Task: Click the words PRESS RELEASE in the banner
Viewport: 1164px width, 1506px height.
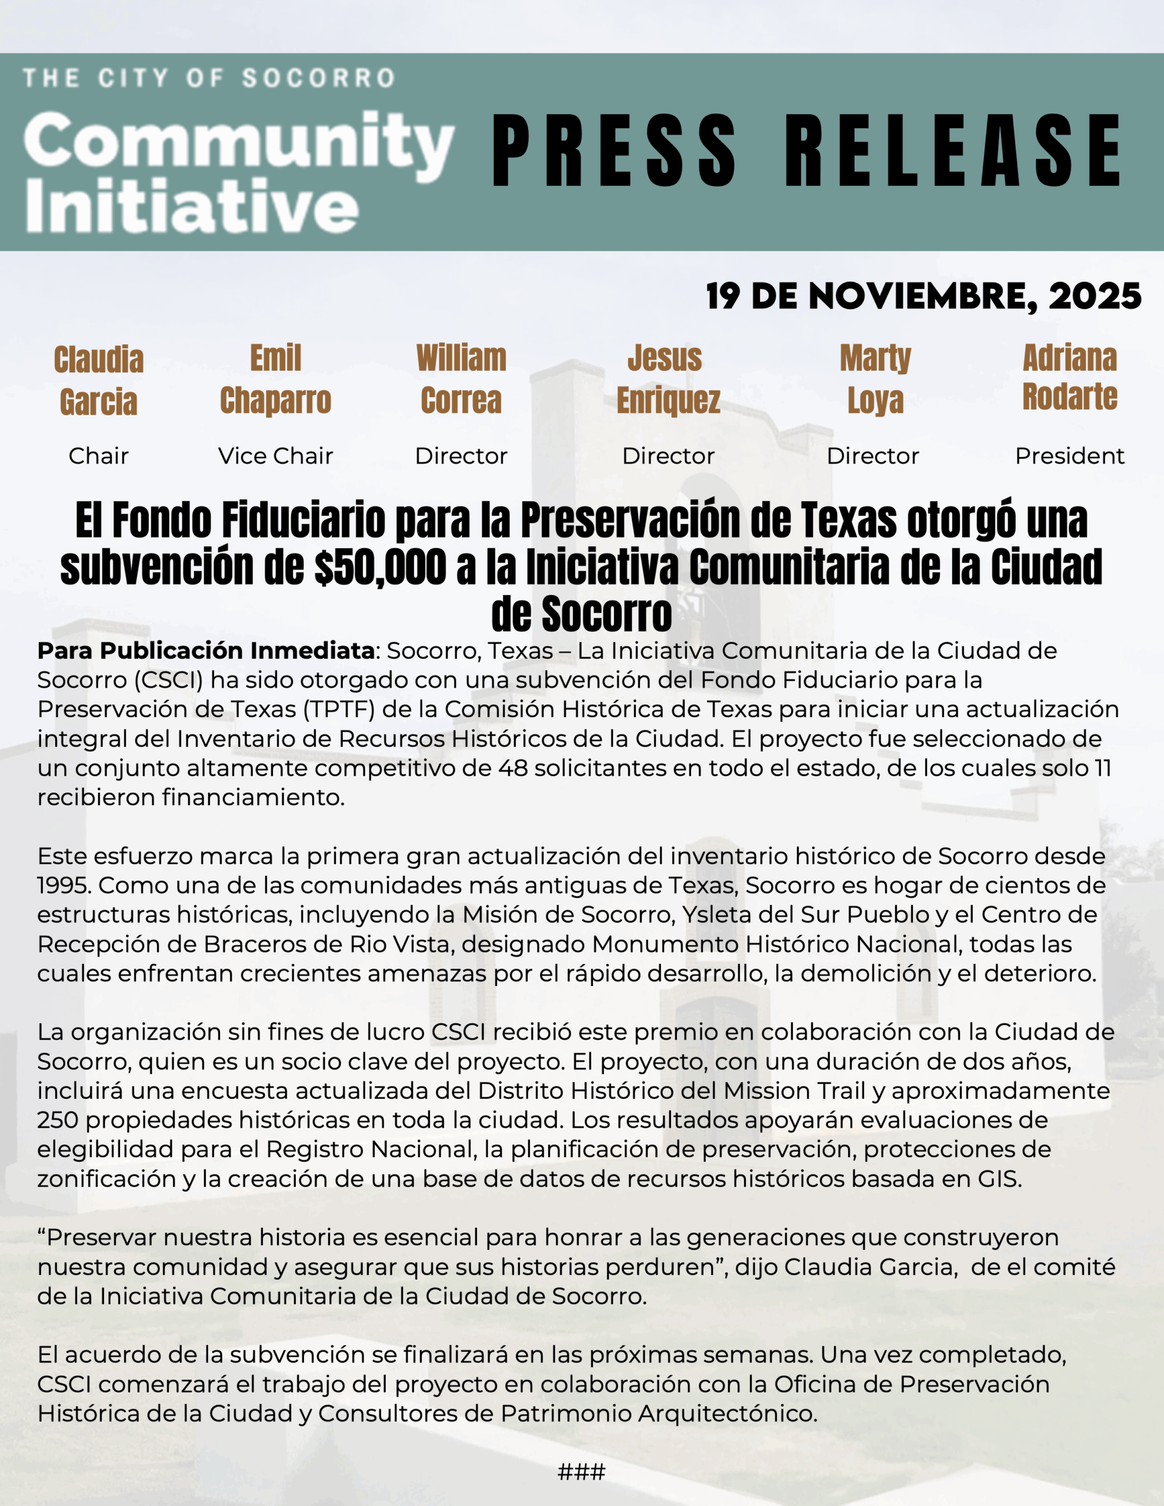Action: pos(805,151)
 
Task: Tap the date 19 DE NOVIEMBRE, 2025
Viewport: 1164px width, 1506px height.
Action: pos(923,296)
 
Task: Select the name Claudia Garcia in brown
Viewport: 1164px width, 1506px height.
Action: pos(99,381)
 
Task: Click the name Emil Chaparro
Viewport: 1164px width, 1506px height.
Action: pos(275,379)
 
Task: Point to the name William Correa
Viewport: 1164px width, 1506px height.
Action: pos(461,379)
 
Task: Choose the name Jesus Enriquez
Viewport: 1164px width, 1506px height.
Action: pos(668,379)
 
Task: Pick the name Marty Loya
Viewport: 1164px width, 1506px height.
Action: pos(875,379)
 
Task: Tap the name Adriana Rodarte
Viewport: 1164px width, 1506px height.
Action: pos(1069,377)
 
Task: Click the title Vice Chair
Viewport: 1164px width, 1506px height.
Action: pos(275,456)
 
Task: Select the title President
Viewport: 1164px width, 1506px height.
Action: pos(1069,456)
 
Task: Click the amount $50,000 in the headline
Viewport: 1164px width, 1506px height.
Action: pos(380,568)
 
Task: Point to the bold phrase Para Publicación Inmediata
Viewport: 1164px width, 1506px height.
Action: pos(205,650)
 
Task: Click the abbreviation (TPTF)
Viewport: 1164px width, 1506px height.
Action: pos(337,709)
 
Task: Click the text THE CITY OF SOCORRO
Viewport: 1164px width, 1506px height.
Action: pos(209,78)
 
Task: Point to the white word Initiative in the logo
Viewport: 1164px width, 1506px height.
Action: pos(192,205)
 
